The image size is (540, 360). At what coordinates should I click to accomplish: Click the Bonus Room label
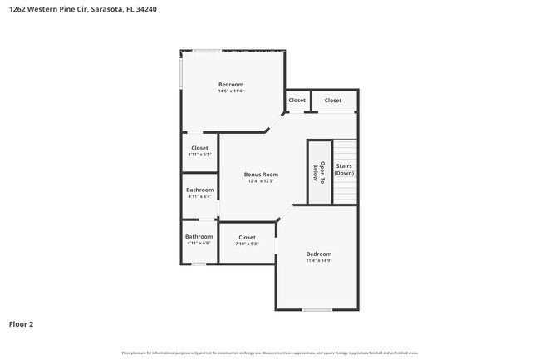pos(260,175)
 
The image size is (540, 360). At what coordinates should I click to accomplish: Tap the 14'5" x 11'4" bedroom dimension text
pos(231,92)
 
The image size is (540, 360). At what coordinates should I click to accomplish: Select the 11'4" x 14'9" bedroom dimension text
pos(318,261)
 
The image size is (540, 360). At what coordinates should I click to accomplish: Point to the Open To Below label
pos(316,171)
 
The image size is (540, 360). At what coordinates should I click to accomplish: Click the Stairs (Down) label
pos(344,170)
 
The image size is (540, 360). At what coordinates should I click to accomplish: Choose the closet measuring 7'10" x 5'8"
pos(247,240)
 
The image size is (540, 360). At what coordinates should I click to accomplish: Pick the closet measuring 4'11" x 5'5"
pos(199,150)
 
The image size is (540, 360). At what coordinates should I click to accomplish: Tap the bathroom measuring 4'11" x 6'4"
pos(199,193)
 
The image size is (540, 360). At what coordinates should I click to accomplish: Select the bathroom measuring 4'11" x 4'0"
pos(199,240)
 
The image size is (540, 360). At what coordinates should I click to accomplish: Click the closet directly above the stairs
pos(333,101)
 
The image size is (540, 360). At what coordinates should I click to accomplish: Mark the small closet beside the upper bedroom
pos(297,101)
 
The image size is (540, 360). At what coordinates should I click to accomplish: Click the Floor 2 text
pos(22,323)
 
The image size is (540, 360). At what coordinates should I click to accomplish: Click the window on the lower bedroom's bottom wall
pos(318,310)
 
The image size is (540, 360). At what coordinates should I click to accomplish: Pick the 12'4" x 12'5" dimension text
pos(260,181)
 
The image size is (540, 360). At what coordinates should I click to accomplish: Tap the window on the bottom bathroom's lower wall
pos(199,264)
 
